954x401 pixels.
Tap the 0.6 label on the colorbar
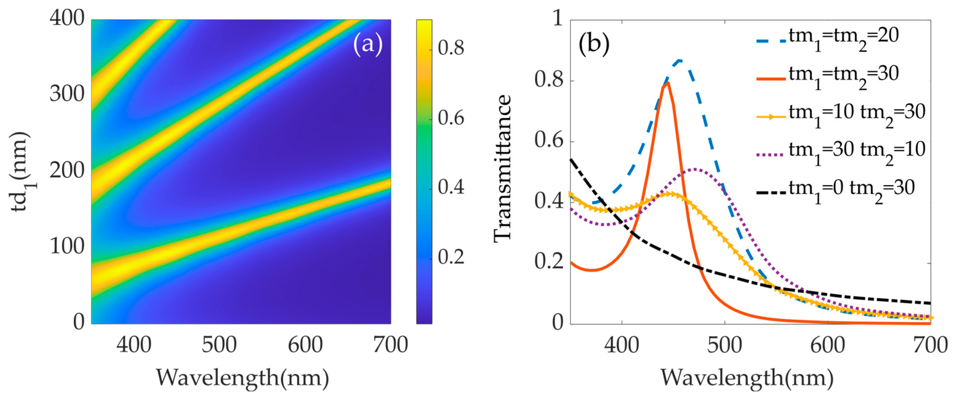coord(451,118)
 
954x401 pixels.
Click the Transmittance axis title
coord(503,169)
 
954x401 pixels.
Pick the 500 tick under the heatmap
coord(219,345)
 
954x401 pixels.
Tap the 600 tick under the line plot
coord(827,345)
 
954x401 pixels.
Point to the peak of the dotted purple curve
coord(695,169)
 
